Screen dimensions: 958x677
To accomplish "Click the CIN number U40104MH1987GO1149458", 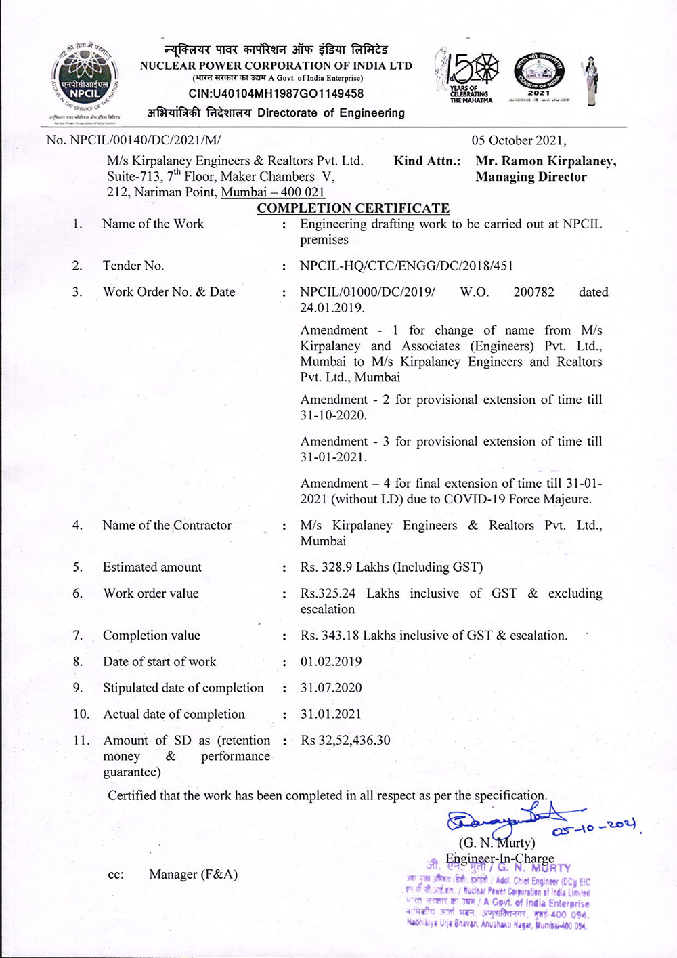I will point(276,93).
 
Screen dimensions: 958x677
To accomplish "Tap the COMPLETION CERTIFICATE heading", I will point(353,208).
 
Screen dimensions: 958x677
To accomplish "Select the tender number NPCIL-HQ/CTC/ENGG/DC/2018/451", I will point(406,266).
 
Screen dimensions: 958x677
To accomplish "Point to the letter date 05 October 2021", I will point(519,140).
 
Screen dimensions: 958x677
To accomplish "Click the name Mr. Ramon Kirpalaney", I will point(546,161).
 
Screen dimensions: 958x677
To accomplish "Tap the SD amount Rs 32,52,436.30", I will point(345,741).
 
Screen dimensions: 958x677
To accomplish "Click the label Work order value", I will point(151,593).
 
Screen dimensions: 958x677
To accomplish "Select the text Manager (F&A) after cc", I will point(193,875).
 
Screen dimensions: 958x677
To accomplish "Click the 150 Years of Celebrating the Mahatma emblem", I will point(467,78).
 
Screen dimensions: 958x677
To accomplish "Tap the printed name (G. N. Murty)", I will point(497,843).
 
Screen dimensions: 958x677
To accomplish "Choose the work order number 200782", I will point(533,292).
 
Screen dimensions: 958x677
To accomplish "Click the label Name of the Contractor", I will point(167,525).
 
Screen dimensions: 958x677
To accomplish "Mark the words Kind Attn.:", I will point(427,161).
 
